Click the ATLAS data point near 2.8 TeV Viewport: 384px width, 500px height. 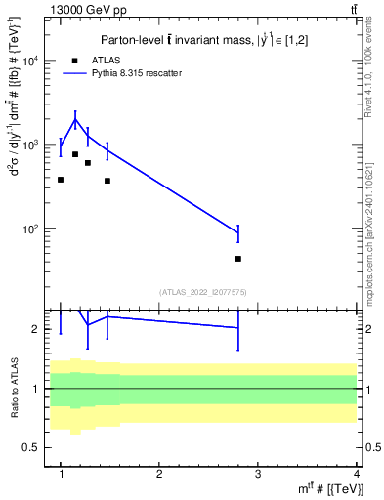pyautogui.click(x=238, y=259)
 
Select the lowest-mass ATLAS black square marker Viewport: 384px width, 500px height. pyautogui.click(x=61, y=180)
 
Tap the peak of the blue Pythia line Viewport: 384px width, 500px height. pyautogui.click(x=75, y=120)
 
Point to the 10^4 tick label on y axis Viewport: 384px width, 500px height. pyautogui.click(x=32, y=61)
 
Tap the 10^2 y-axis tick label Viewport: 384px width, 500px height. pyautogui.click(x=32, y=229)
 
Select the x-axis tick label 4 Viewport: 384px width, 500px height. pyautogui.click(x=358, y=475)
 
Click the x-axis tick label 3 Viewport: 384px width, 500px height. pyautogui.click(x=259, y=475)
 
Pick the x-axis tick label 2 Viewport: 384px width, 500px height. pyautogui.click(x=159, y=475)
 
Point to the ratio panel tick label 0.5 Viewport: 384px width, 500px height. pyautogui.click(x=35, y=447)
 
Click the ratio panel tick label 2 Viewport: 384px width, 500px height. pyautogui.click(x=40, y=329)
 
